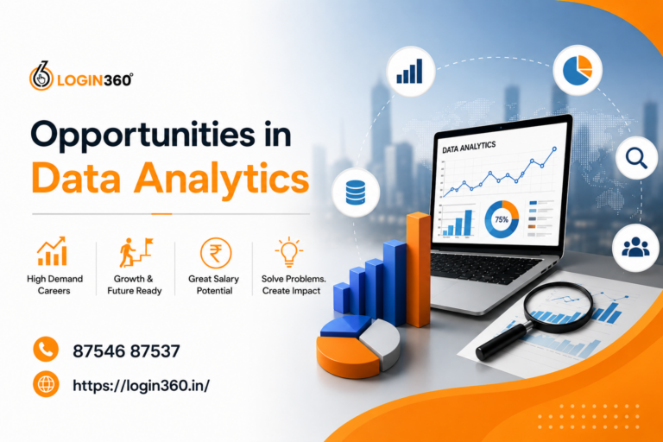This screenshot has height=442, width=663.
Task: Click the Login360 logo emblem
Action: point(41,77)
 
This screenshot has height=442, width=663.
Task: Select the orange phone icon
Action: point(46,350)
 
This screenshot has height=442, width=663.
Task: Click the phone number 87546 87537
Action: point(126,351)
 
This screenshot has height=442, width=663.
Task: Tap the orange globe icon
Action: point(46,384)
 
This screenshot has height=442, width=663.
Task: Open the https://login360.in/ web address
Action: point(142,385)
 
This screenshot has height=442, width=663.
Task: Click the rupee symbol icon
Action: point(216,253)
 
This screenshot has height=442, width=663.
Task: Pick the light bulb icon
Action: point(289,253)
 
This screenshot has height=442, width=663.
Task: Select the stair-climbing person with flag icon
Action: point(136,252)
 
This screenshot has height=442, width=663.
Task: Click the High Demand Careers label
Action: point(54,285)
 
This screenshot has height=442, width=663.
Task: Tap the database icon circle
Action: point(356,193)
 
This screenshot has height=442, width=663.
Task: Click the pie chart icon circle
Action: point(578,70)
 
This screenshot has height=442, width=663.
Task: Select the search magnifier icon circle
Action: point(637,158)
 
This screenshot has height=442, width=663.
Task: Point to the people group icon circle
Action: point(635,248)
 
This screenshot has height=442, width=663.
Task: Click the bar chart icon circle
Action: point(411,71)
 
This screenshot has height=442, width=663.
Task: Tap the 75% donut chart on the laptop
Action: point(502,219)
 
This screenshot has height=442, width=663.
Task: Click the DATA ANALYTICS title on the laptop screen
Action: point(469,148)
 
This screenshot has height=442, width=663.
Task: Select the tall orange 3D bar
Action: point(419,269)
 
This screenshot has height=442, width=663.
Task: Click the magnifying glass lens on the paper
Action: point(559,307)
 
